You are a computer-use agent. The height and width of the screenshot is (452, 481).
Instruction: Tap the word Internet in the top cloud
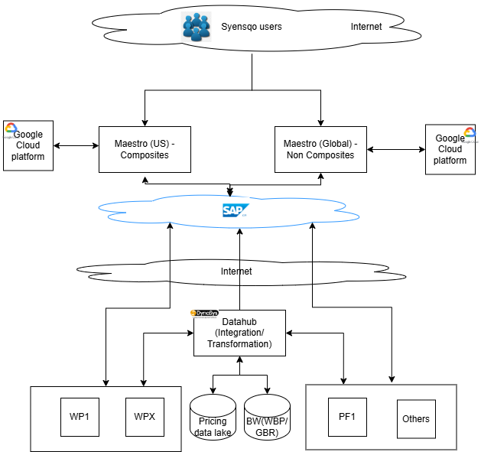click(366, 27)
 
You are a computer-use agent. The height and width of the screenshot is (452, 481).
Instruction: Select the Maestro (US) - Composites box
click(145, 149)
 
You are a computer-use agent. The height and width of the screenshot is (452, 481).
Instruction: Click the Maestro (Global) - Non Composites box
click(320, 149)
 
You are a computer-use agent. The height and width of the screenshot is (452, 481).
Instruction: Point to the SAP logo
click(233, 210)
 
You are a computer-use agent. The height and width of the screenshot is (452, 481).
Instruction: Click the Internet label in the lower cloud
click(236, 271)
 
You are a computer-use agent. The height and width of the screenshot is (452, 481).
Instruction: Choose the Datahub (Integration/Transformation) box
click(239, 333)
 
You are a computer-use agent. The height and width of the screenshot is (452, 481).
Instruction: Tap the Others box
click(415, 419)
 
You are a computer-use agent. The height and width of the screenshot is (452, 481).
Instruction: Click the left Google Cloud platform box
click(28, 145)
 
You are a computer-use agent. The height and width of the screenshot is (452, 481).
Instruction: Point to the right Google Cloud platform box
click(450, 150)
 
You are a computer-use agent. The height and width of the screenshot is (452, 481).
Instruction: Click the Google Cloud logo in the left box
click(11, 129)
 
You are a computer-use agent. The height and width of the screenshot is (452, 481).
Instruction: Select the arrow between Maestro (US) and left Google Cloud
click(76, 145)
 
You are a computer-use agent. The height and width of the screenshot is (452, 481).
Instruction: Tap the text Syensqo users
click(251, 27)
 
